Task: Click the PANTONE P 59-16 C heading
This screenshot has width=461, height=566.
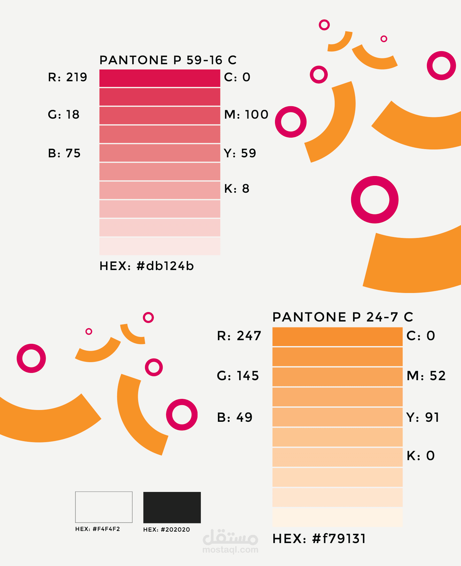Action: pyautogui.click(x=168, y=60)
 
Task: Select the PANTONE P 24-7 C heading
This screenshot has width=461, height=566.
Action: pyautogui.click(x=343, y=317)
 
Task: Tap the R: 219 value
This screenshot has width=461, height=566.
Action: pyautogui.click(x=68, y=77)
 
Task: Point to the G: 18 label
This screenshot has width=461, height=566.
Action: pyautogui.click(x=64, y=115)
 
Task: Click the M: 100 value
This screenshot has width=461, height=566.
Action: pyautogui.click(x=246, y=115)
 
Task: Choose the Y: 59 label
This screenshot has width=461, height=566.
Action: pyautogui.click(x=240, y=153)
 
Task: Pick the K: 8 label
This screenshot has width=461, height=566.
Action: pyautogui.click(x=237, y=189)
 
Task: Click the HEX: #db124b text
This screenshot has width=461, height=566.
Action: pyautogui.click(x=147, y=266)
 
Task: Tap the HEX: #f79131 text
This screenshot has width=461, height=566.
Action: pyautogui.click(x=319, y=539)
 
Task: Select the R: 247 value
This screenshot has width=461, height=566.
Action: pyautogui.click(x=239, y=336)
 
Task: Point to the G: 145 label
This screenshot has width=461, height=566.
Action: pyautogui.click(x=238, y=376)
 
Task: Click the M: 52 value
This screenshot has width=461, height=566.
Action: pyautogui.click(x=426, y=376)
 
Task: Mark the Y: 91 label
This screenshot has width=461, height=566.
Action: pyautogui.click(x=423, y=418)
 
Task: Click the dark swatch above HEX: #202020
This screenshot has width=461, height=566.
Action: pyautogui.click(x=172, y=507)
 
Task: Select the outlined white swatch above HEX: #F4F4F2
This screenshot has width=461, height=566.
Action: pyautogui.click(x=104, y=507)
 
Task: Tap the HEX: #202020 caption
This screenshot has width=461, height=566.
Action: pyautogui.click(x=166, y=530)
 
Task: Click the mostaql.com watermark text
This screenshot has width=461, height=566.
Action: pyautogui.click(x=230, y=550)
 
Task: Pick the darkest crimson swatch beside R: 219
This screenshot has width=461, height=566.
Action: pyautogui.click(x=160, y=78)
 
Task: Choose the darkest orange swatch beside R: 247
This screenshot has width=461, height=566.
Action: pyautogui.click(x=337, y=337)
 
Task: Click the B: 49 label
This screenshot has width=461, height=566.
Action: pyautogui.click(x=235, y=418)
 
